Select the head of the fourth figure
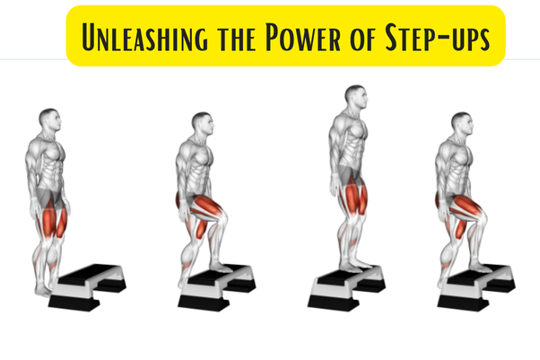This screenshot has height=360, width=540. (461, 124)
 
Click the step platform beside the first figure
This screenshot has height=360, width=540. (89, 284)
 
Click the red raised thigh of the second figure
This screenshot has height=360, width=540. (208, 206)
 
